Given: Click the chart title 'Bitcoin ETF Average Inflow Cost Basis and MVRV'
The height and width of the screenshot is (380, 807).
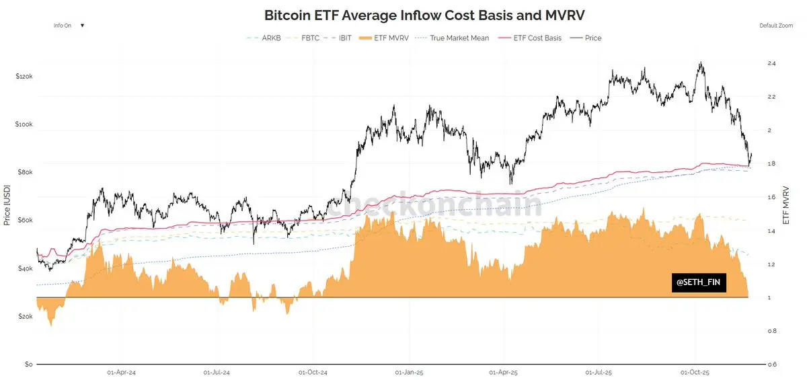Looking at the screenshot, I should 403,14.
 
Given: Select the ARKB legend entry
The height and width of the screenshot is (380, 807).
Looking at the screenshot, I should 265,38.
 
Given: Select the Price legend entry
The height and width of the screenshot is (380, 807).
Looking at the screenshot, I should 592,38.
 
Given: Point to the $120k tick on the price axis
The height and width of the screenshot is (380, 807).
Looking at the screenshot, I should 24,77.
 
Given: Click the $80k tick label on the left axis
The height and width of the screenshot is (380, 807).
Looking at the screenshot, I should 24,173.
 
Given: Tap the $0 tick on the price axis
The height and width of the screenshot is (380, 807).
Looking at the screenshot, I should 28,365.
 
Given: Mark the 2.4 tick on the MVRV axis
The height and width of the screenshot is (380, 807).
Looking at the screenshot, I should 771,63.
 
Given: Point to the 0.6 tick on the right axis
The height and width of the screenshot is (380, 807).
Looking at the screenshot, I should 771,365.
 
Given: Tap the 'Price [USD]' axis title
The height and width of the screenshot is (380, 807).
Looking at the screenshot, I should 7,205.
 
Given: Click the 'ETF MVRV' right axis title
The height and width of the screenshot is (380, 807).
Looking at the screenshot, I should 785,205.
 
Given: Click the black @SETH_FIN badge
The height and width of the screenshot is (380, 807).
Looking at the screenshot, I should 699,283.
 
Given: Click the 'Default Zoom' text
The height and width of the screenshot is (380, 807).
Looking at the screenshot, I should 777,26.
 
